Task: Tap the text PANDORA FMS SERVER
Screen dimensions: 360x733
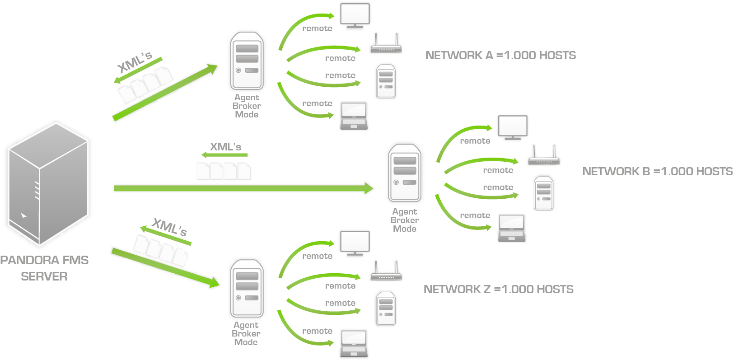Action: (44, 268)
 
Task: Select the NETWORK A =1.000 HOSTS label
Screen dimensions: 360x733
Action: (500, 56)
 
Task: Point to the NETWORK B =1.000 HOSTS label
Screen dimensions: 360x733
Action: (657, 172)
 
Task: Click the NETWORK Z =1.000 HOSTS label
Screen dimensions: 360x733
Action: (498, 290)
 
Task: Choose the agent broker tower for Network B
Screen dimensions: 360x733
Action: (405, 173)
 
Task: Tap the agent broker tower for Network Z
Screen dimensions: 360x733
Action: (247, 289)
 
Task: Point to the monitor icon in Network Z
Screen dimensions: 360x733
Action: (356, 243)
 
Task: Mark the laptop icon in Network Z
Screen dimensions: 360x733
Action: (354, 344)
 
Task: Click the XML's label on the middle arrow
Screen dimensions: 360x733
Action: (225, 147)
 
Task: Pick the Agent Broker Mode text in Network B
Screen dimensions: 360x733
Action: (405, 220)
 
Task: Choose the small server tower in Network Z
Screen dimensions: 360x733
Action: (385, 309)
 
